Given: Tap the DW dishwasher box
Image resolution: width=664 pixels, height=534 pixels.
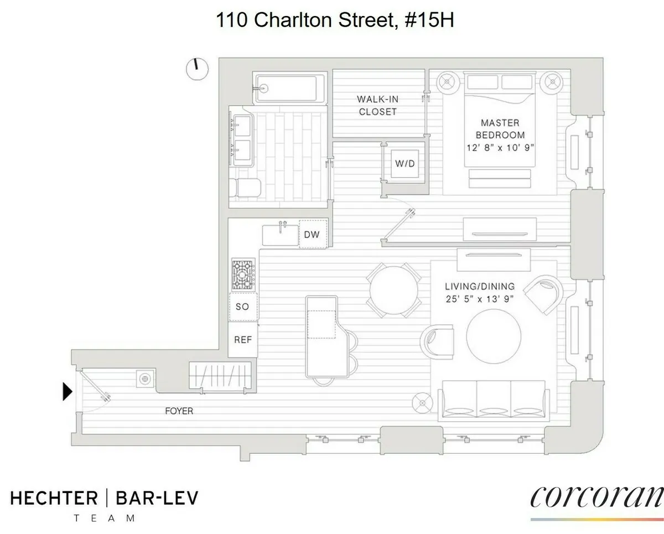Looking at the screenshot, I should click(312, 234).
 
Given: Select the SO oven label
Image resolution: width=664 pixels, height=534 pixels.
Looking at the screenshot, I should click(242, 306).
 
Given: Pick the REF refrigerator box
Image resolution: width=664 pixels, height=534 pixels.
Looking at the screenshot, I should click(243, 339).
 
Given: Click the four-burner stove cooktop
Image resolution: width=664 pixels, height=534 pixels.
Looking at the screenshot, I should click(243, 275).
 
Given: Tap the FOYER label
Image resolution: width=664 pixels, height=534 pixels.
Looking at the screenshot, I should click(179, 411).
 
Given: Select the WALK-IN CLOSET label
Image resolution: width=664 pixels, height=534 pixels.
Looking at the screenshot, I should click(377, 105).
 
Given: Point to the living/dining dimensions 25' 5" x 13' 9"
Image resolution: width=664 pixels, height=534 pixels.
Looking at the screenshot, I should click(480, 299).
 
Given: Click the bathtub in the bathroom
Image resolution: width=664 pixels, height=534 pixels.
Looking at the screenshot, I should click(286, 88).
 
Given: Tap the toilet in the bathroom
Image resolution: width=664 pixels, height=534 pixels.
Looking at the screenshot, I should click(243, 189).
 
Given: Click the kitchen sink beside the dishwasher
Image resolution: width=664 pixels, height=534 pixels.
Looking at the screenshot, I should click(280, 235).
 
